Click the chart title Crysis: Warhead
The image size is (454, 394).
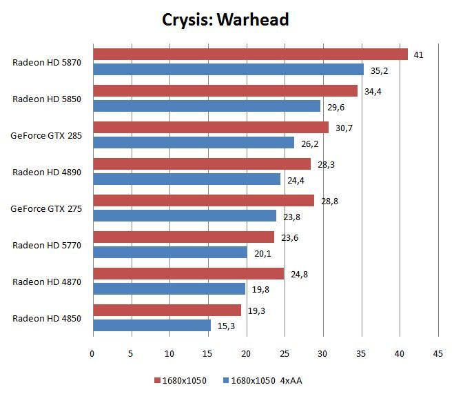(x=225, y=20)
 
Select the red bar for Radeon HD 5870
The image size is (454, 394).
(x=251, y=55)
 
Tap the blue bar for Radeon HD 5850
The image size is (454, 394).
(x=207, y=106)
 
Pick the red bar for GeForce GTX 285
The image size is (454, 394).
(x=211, y=127)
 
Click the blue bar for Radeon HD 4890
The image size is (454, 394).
(x=187, y=179)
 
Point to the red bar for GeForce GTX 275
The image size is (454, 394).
(x=204, y=200)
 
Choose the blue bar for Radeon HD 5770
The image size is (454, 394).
(x=170, y=253)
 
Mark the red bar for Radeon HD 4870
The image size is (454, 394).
(x=189, y=274)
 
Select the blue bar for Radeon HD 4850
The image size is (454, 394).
(x=152, y=325)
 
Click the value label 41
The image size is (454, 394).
(x=418, y=55)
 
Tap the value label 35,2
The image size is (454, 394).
(x=379, y=71)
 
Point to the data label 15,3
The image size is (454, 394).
(x=226, y=326)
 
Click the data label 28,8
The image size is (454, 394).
(x=329, y=201)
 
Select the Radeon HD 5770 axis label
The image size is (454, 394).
(x=47, y=246)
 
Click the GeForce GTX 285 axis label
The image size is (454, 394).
(x=46, y=136)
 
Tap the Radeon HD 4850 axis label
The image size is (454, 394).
(x=47, y=319)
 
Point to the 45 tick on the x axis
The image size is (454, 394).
(x=437, y=354)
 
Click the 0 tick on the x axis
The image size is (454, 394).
(x=92, y=354)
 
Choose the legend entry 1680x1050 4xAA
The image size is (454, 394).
(x=263, y=380)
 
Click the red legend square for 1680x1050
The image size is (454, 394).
(x=157, y=380)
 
